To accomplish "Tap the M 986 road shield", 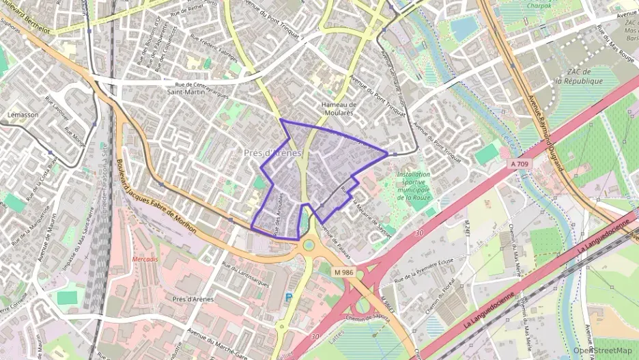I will coord(343,272).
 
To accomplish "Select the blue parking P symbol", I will coord(288,297).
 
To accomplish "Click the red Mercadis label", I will coord(145,259).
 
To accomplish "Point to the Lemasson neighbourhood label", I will coord(23,115).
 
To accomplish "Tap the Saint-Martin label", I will coord(186,92).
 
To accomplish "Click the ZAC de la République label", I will coord(578,77).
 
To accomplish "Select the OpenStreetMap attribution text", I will coord(602,350).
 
